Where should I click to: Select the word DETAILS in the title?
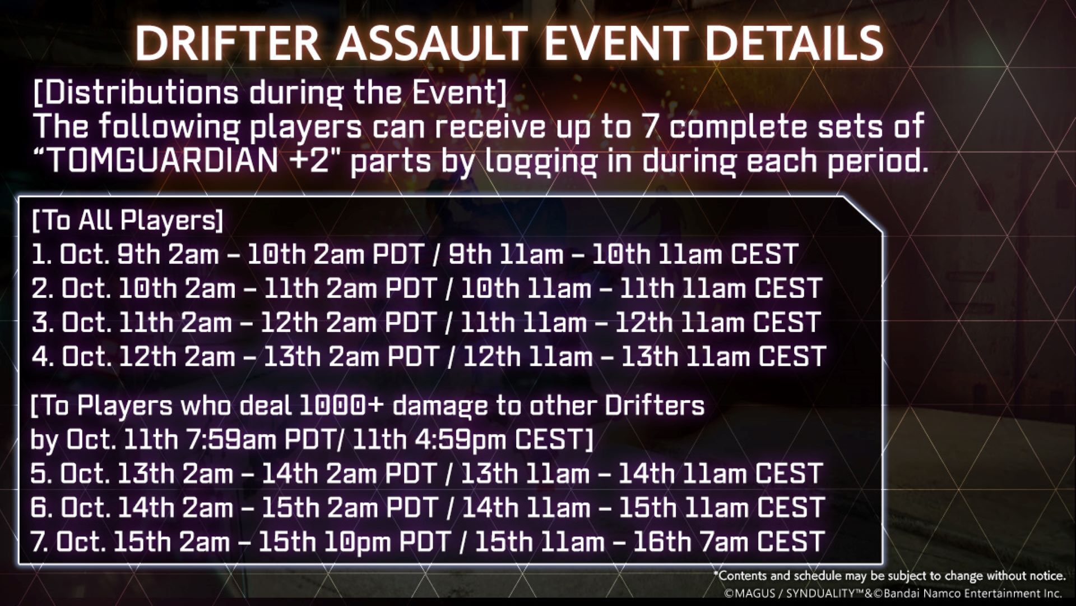click(794, 43)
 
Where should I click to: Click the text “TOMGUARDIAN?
click(157, 161)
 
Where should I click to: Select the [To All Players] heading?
click(128, 221)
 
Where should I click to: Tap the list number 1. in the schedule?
click(41, 255)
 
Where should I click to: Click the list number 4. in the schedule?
click(42, 357)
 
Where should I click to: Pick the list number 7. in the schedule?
click(40, 542)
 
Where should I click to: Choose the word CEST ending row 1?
click(764, 255)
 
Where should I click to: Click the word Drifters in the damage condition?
click(655, 405)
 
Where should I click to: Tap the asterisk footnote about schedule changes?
click(889, 576)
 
